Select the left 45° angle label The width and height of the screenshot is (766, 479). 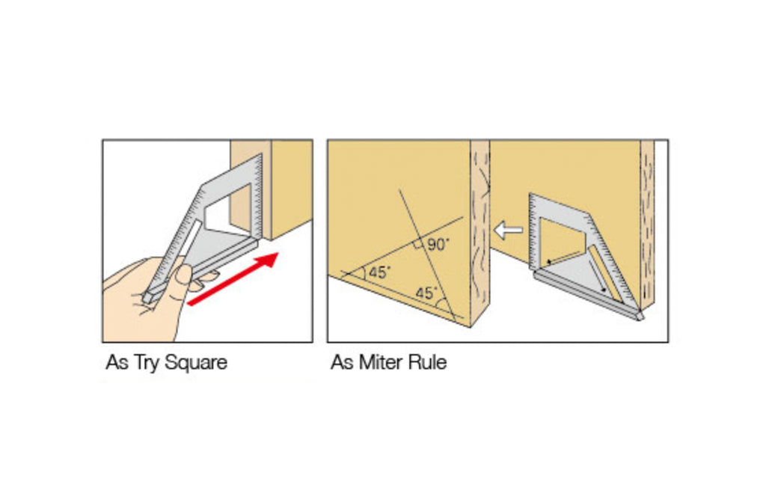379,272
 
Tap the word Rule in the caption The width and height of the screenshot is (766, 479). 428,364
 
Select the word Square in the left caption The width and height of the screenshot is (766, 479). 196,364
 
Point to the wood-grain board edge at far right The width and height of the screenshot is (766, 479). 647,225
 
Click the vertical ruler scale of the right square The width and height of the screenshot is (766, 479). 533,232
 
